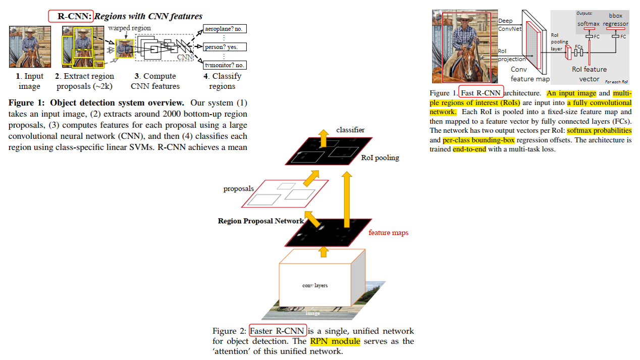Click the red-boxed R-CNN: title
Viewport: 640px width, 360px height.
pyautogui.click(x=71, y=16)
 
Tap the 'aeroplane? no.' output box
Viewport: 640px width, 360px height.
pyautogui.click(x=224, y=29)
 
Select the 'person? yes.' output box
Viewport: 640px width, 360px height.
pyautogui.click(x=224, y=47)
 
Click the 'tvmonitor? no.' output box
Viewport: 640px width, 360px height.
pyautogui.click(x=224, y=65)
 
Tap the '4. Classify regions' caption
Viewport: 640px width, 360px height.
pyautogui.click(x=222, y=81)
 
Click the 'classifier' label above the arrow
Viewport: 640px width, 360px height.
pyautogui.click(x=350, y=130)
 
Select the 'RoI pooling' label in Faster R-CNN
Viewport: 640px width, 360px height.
pyautogui.click(x=380, y=158)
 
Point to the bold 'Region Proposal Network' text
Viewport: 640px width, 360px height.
pyautogui.click(x=261, y=221)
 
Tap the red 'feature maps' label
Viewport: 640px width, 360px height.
pyautogui.click(x=388, y=233)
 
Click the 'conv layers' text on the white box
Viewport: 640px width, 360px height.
pyautogui.click(x=315, y=286)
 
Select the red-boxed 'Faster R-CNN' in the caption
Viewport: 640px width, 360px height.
pyautogui.click(x=278, y=331)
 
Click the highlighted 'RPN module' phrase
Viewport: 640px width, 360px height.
pyautogui.click(x=335, y=341)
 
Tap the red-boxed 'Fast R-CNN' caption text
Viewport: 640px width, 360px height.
pyautogui.click(x=482, y=93)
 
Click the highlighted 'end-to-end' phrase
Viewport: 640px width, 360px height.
pyautogui.click(x=469, y=149)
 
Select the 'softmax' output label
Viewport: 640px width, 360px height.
pyautogui.click(x=588, y=24)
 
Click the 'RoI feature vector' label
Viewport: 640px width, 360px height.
pyautogui.click(x=589, y=74)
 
